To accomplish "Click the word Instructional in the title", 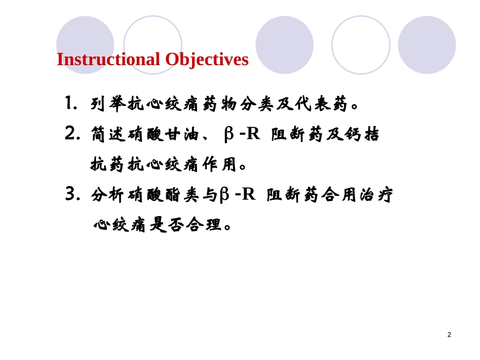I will click(109, 59).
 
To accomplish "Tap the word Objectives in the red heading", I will click(207, 59).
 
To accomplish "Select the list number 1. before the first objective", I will click(71, 104).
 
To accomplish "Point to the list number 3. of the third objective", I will click(73, 194).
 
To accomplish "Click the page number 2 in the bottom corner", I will click(449, 334).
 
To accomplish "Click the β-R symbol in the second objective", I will click(242, 134).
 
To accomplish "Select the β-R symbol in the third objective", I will click(237, 194).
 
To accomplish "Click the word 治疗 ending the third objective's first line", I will click(376, 195).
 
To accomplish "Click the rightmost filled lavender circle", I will click(426, 44).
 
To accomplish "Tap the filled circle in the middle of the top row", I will click(284, 44).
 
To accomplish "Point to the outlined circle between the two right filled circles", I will click(360, 44).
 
